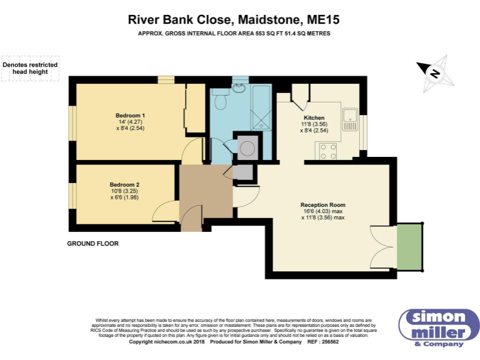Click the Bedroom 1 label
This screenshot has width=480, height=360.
point(130,115)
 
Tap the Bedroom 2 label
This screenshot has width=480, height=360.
point(124,184)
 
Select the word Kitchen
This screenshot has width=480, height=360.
point(314,117)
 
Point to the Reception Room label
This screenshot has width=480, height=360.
point(322,205)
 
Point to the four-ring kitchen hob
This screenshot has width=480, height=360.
point(329,151)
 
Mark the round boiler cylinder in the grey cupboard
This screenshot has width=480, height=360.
point(247,148)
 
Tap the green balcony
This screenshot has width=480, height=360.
point(410,246)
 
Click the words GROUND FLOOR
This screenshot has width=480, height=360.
point(92,243)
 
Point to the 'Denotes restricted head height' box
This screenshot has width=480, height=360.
point(30,67)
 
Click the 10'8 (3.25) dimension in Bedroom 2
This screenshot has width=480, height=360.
point(124,191)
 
